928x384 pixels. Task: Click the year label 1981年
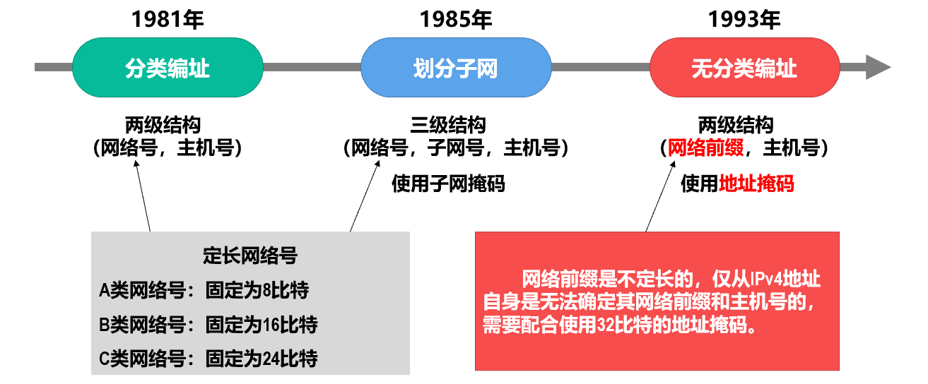click(x=168, y=20)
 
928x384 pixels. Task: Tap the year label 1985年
click(x=456, y=20)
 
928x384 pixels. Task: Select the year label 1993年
click(x=744, y=20)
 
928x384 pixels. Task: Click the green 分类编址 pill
click(x=168, y=68)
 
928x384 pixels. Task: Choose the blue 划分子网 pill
click(x=456, y=68)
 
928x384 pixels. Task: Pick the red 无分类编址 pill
click(x=744, y=68)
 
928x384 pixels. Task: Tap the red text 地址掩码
click(x=756, y=184)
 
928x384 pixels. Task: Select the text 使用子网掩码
click(x=449, y=184)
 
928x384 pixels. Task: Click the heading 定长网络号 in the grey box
click(x=250, y=256)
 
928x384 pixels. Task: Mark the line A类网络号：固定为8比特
click(x=204, y=290)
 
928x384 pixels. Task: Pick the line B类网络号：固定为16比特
click(x=208, y=325)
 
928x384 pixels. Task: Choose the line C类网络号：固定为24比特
click(x=208, y=359)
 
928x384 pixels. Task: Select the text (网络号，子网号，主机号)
click(x=456, y=148)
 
